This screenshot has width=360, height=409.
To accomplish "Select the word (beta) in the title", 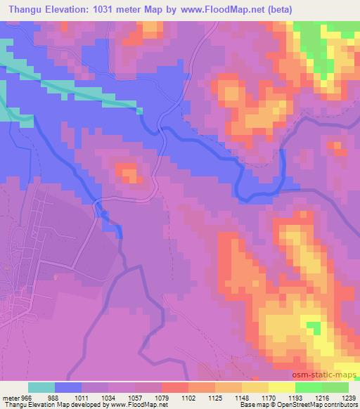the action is click(276, 10).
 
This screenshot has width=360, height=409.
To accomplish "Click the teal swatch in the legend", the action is click(41, 388).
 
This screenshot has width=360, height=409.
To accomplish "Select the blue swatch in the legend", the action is click(68, 388).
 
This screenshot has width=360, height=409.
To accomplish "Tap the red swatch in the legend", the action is click(175, 388).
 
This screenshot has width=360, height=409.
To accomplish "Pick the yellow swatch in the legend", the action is click(282, 388).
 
